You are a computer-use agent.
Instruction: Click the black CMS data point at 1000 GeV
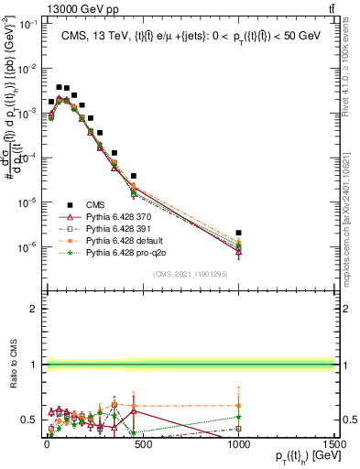coord(238,234)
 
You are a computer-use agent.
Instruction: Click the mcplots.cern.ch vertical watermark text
coord(351,211)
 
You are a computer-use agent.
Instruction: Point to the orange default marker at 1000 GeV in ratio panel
coord(238,405)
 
